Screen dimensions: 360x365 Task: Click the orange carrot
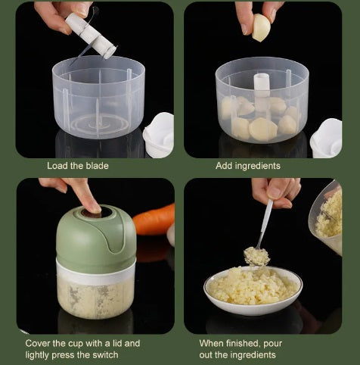click(x=154, y=220)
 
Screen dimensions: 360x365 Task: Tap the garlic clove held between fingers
click(x=261, y=27)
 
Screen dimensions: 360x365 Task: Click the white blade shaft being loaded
click(x=91, y=36)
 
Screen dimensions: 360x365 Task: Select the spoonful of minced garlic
click(x=256, y=256)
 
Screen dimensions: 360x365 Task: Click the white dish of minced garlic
click(x=253, y=290)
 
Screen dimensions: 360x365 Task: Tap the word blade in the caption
click(x=97, y=166)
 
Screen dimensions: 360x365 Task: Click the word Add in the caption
click(x=224, y=166)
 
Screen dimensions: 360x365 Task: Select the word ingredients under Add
click(x=257, y=166)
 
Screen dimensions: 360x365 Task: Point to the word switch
click(x=105, y=355)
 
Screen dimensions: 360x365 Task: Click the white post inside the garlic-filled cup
click(x=262, y=92)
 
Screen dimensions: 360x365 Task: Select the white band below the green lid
click(x=96, y=271)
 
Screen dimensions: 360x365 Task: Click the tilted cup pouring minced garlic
click(x=325, y=217)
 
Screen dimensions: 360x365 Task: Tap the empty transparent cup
click(x=98, y=98)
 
